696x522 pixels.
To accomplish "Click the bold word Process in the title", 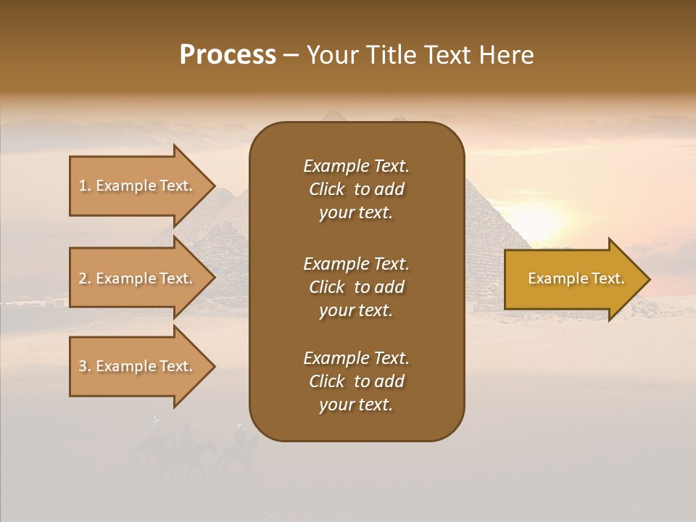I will pos(228,55).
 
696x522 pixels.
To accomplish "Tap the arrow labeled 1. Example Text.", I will pos(138,186).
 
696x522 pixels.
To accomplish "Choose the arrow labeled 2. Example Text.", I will pos(138,278).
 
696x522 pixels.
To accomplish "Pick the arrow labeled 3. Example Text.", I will pos(138,366).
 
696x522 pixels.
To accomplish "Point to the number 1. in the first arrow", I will pos(85,186).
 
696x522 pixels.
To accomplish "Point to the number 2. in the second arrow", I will pos(85,278).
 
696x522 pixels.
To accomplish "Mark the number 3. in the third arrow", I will pos(85,366).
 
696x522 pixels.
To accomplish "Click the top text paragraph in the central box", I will pos(356,189).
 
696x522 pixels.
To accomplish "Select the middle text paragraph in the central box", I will pos(356,287).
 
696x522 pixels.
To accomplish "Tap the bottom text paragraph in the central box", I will pos(356,381).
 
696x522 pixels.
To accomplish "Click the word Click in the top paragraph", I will pos(326,189).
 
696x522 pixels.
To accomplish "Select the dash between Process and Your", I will pos(291,55).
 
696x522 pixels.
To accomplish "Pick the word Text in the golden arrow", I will pos(607,278).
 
